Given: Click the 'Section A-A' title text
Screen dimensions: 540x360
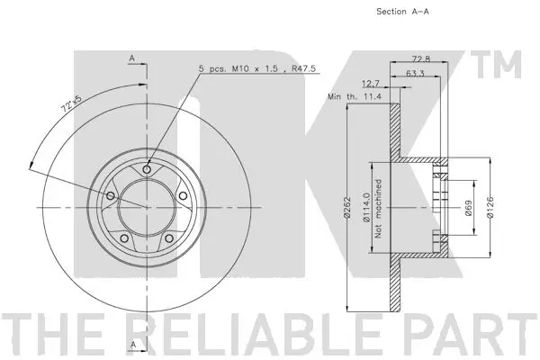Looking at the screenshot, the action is (x=402, y=12).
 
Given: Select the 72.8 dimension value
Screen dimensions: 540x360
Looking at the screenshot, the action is (x=421, y=58).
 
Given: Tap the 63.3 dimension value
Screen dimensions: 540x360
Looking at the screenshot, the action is (x=415, y=74).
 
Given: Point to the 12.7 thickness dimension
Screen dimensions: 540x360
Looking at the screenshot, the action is (x=371, y=84).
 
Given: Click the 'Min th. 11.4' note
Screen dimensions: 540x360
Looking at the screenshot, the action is (x=355, y=96).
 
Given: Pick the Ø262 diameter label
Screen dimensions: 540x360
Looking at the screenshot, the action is (x=346, y=207).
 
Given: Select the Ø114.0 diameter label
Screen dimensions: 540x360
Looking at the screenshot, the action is (x=366, y=207).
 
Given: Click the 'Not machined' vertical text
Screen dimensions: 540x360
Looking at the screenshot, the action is (x=379, y=209).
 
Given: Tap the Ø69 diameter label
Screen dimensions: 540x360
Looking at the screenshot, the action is (x=468, y=208).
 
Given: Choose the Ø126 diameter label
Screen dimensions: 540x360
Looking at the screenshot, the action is (x=490, y=207).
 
